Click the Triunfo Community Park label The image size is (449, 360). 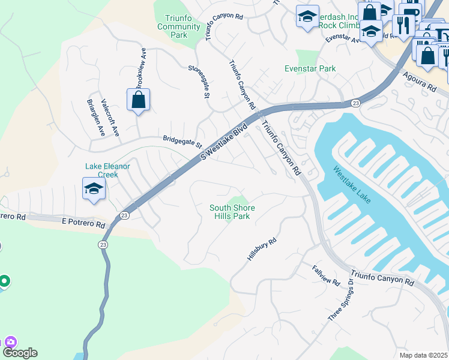click(178, 26)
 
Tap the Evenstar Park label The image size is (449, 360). click(310, 69)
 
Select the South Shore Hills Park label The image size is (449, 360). click(232, 212)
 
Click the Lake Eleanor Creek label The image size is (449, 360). click(107, 170)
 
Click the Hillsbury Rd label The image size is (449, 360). click(262, 249)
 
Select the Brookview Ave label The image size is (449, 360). click(140, 67)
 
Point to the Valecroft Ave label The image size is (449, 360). click(110, 118)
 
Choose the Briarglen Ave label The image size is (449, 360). click(96, 118)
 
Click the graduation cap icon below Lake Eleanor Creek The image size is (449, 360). click(94, 189)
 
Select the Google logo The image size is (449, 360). click(20, 353)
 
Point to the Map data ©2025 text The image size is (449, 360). click(423, 355)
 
